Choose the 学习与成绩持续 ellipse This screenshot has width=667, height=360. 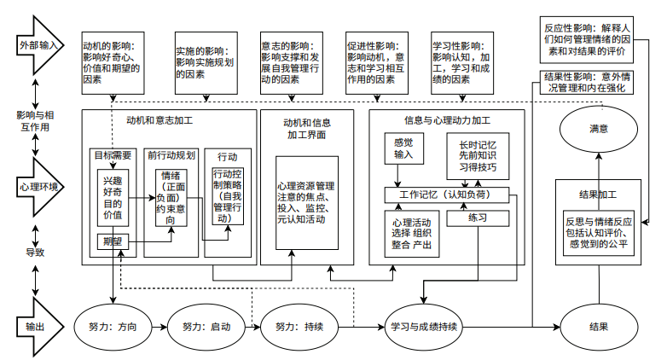click(x=424, y=326)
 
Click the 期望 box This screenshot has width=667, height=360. click(x=113, y=241)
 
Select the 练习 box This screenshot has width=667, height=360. click(x=477, y=218)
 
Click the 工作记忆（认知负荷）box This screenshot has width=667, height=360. click(x=448, y=195)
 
